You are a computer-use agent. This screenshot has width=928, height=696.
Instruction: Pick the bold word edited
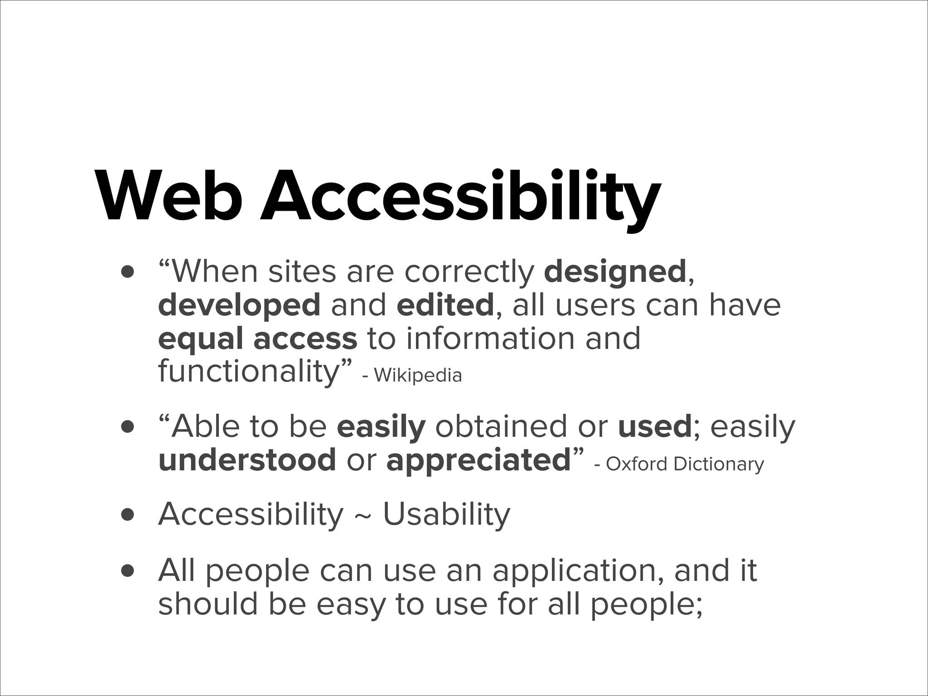445,304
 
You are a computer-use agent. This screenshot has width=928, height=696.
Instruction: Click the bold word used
654,427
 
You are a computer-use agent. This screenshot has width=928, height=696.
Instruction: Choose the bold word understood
247,460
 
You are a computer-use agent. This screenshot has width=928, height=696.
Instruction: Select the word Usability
446,515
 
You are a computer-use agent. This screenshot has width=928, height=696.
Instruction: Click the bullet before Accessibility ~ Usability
128,515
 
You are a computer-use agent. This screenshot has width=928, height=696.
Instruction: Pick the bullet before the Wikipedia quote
128,272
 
